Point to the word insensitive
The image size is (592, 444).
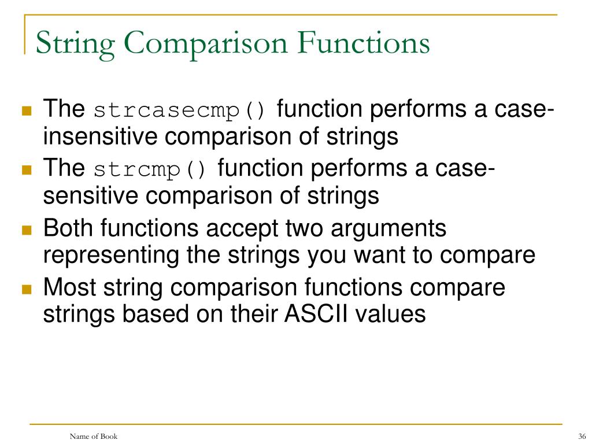click(100, 137)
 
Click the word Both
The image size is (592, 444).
click(69, 228)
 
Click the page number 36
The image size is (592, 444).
click(582, 436)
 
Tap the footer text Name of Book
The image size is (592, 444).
click(93, 436)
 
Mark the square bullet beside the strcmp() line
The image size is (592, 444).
click(26, 171)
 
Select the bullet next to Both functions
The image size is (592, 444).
click(26, 230)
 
